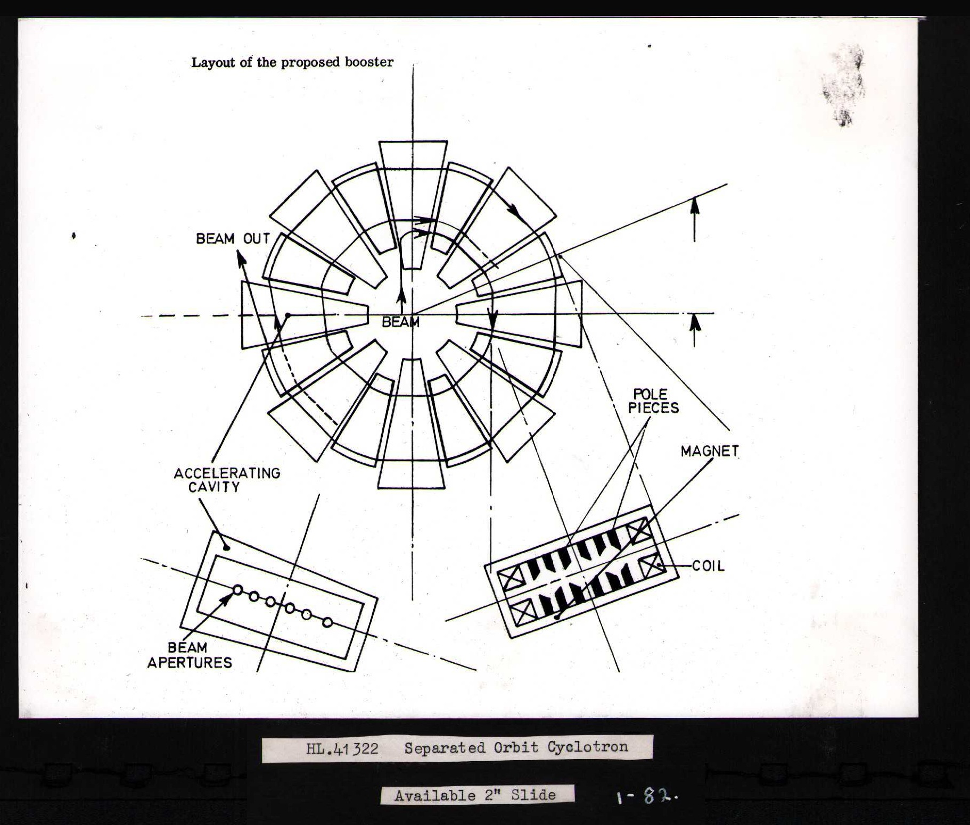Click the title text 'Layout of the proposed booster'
(292, 62)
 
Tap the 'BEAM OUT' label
(233, 239)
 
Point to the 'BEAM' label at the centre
(400, 322)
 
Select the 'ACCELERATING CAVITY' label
(227, 480)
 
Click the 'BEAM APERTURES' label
(190, 655)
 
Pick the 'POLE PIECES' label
(653, 401)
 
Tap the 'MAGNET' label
(709, 451)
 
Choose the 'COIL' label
(708, 566)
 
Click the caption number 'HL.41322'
(342, 749)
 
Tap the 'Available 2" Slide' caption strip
(476, 795)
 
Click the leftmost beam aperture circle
(237, 589)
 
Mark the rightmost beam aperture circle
(327, 622)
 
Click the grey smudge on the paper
(844, 85)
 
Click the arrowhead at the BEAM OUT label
(241, 258)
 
